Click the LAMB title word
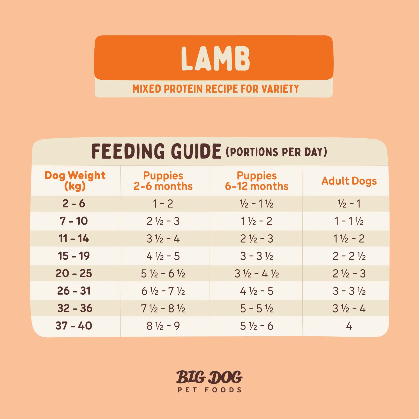215,59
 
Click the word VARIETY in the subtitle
280,89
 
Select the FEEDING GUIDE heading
156,152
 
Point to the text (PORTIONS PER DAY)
276,152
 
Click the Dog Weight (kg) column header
75,181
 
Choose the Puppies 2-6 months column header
163,181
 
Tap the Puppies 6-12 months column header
257,181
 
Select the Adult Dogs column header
349,181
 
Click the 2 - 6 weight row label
74,204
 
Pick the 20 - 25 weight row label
74,273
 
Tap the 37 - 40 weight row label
74,326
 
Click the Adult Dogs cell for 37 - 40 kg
349,326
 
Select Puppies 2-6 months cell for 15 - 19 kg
163,256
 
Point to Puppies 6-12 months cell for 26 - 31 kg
257,291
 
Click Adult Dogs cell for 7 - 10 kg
349,221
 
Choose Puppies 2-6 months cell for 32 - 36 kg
163,309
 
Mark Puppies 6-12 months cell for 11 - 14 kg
257,239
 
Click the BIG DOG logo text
209,377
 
